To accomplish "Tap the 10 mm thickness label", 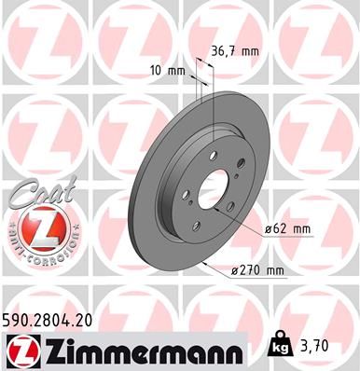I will pos(168,69).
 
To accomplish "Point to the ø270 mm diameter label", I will pos(256,271).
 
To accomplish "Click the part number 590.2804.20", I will pos(55,318).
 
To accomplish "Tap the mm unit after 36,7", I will pos(250,52).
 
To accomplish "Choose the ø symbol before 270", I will pos(235,271).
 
